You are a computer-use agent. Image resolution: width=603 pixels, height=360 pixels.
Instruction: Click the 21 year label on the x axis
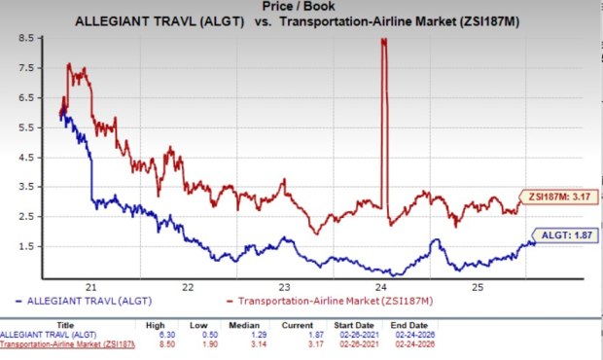pos(90,287)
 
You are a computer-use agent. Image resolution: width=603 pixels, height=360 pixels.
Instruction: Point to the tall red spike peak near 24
pos(384,40)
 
